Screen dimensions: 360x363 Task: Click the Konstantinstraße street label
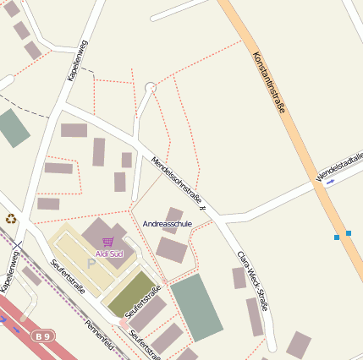click(271, 84)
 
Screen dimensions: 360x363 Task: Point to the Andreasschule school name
click(168, 224)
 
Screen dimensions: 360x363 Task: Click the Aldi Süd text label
click(109, 254)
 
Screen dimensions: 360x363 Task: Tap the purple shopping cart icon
click(107, 243)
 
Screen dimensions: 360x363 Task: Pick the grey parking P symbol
click(91, 264)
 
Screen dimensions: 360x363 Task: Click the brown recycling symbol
click(11, 219)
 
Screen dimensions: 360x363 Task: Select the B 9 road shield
click(41, 336)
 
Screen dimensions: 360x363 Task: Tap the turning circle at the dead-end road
click(151, 87)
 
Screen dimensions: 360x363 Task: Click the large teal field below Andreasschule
click(196, 307)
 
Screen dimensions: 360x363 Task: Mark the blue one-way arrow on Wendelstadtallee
click(330, 182)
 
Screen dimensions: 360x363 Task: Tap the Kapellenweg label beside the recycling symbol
click(10, 271)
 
